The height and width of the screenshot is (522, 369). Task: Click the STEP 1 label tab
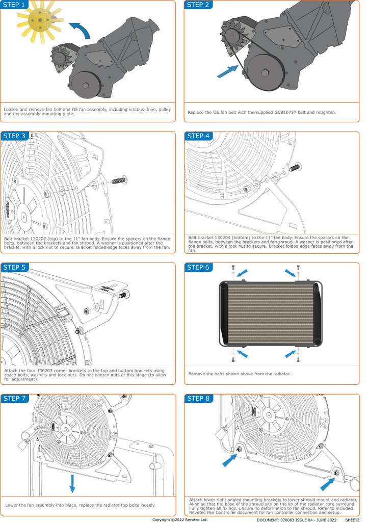[14, 5]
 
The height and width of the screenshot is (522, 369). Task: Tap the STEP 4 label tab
[198, 136]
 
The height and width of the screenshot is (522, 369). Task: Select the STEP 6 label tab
[198, 267]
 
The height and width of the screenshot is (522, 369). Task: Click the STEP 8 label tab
[198, 398]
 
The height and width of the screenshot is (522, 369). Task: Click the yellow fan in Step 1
[38, 21]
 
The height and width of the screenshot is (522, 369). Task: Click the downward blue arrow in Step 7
[72, 483]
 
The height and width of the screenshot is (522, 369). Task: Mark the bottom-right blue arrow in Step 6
[290, 353]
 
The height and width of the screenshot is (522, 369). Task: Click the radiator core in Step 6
[270, 312]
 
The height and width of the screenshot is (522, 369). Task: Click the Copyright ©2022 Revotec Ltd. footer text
[180, 519]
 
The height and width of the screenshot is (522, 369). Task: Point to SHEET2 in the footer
[352, 519]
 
